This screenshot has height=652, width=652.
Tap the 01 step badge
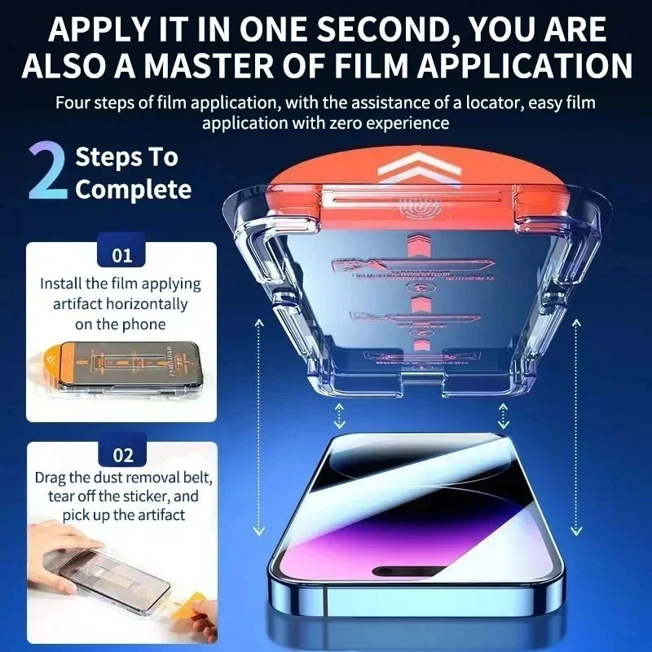point(121,256)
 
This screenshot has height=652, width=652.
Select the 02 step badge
point(121,455)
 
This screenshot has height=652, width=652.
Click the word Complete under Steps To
point(134,190)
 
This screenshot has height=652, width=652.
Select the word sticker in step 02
point(143,496)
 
